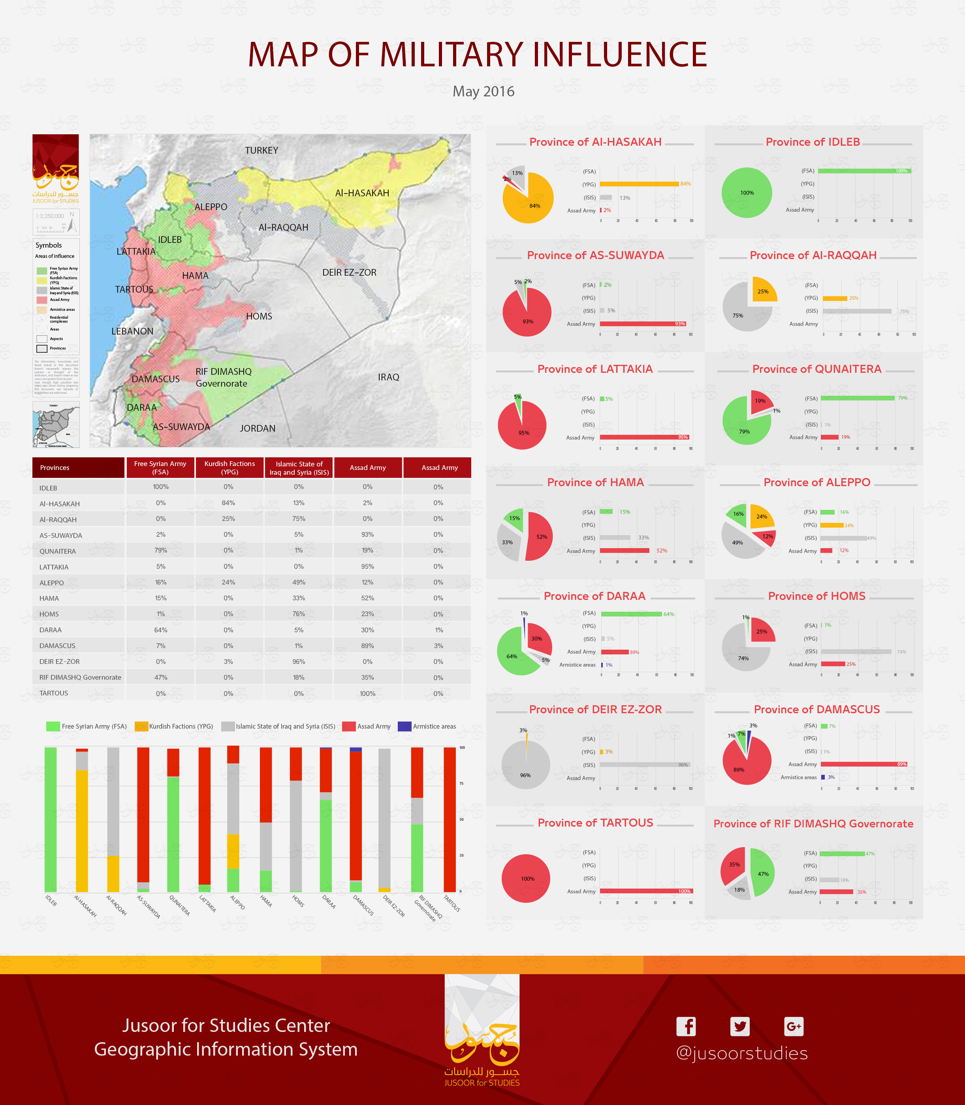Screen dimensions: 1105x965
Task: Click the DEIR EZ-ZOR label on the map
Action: point(349,272)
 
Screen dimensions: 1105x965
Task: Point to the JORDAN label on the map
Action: point(258,428)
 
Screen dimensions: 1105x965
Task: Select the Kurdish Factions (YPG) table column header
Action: point(229,468)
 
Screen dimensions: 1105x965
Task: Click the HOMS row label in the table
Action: point(49,614)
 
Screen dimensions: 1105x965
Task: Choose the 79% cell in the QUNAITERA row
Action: point(160,551)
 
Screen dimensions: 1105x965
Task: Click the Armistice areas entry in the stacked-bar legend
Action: point(433,726)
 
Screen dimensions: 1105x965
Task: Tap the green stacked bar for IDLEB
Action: point(51,819)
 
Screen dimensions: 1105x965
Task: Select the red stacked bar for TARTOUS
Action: point(450,819)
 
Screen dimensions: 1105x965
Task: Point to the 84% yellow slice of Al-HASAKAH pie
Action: point(530,202)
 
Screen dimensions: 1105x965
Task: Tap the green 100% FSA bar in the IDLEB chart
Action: point(864,171)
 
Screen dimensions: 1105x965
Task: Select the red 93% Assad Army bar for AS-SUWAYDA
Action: point(642,323)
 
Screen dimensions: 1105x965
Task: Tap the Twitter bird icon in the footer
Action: point(739,1026)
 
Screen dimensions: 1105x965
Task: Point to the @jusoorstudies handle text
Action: point(741,1053)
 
